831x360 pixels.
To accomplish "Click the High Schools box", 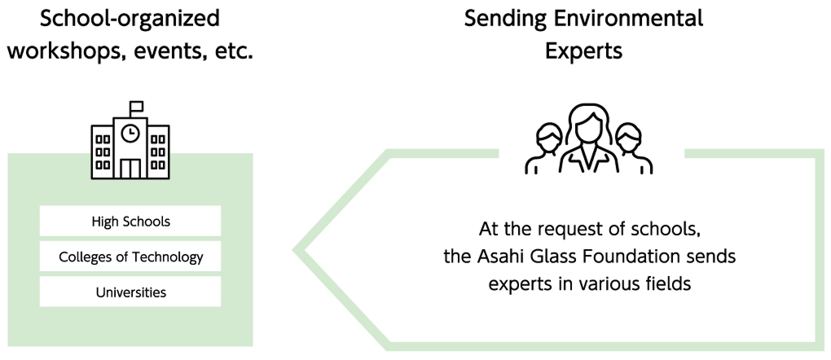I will click(130, 221).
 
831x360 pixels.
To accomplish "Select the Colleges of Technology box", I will click(130, 257).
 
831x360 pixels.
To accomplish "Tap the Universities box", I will click(130, 292).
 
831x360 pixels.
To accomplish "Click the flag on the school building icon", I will click(135, 107).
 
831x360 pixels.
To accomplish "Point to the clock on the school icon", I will click(130, 133).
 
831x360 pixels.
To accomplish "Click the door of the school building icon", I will click(130, 167).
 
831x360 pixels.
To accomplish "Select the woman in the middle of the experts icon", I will click(589, 138).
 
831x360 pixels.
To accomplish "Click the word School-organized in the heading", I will click(130, 18).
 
